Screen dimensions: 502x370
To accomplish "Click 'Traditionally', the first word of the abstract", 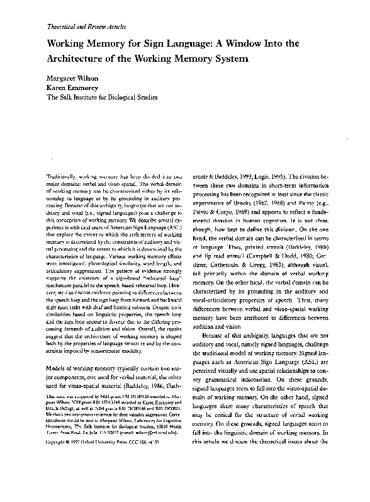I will click(65, 180).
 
